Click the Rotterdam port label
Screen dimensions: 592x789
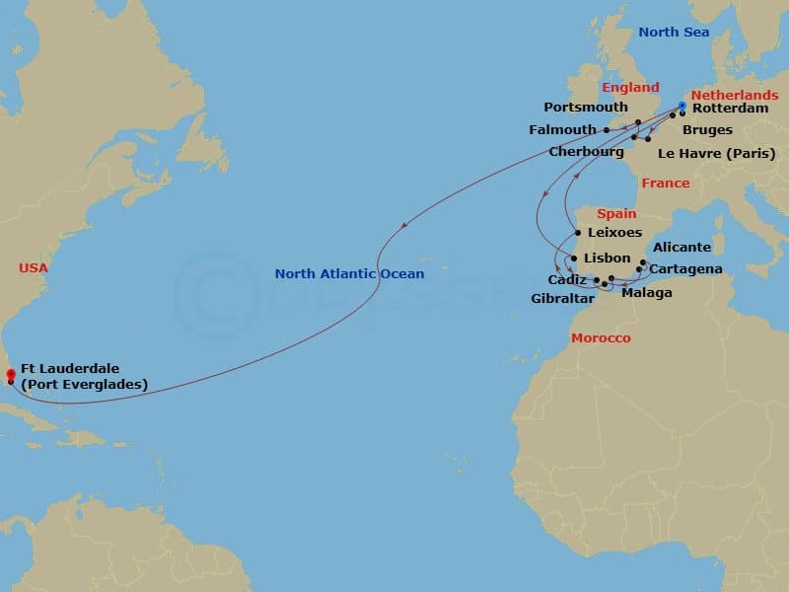click(x=730, y=109)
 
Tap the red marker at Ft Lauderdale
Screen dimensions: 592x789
click(x=10, y=374)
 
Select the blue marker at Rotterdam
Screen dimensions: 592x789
click(x=681, y=106)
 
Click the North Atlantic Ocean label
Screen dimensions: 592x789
click(x=349, y=274)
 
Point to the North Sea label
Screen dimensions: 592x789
click(x=673, y=33)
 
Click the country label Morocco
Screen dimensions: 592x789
click(x=601, y=338)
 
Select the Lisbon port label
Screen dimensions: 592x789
click(x=608, y=258)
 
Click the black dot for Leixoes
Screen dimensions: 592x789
click(x=577, y=234)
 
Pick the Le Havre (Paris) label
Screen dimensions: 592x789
click(x=716, y=153)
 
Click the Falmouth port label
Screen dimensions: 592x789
click(x=562, y=129)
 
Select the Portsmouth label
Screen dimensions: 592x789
click(x=586, y=108)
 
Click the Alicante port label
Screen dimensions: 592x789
click(x=681, y=248)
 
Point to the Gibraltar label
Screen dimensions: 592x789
click(x=562, y=298)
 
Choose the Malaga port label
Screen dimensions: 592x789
click(x=647, y=293)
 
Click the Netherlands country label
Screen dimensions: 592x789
click(x=733, y=95)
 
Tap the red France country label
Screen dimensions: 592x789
click(x=665, y=184)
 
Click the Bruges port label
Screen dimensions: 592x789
click(x=707, y=130)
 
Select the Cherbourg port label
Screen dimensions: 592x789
click(x=587, y=152)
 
